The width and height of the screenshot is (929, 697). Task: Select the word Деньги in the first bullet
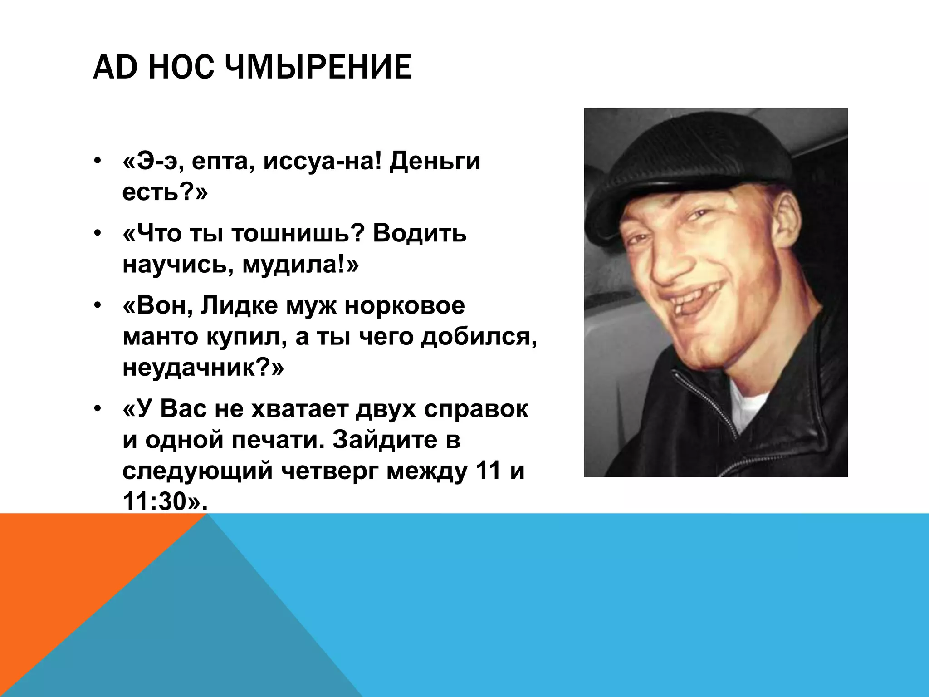pos(435,162)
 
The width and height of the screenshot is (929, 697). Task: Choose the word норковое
pos(405,306)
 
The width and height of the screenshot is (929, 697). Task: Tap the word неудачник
pos(191,368)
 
